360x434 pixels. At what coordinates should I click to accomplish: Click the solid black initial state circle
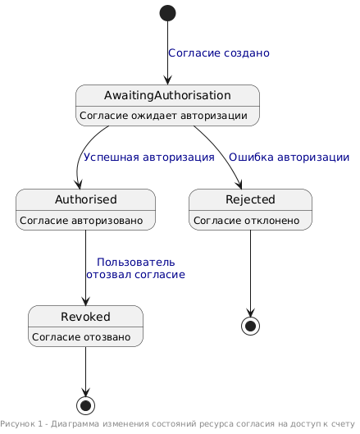pos(167,13)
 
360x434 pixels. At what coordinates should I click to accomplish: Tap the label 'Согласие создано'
pos(219,53)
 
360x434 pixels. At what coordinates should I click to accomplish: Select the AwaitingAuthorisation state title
pos(167,95)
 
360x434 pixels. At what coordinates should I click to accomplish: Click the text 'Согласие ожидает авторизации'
pos(163,116)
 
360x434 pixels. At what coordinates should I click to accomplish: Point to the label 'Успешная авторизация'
pos(149,157)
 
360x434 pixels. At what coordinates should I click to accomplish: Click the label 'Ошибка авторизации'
pos(289,157)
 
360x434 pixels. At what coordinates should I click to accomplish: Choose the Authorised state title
pos(86,199)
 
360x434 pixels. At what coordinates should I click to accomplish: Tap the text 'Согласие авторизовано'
pos(81,221)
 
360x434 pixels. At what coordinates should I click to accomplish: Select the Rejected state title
pos(250,199)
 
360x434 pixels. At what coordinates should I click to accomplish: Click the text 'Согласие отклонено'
pos(246,221)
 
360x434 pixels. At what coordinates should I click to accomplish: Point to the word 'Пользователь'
pos(136,262)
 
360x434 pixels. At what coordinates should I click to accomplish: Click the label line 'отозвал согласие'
pos(135,275)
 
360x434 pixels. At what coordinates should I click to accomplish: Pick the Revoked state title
pos(85,317)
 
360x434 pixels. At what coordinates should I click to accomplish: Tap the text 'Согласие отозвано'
pos(81,337)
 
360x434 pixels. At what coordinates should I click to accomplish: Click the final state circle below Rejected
pos(250,326)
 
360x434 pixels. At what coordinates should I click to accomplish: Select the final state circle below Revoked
pos(86,406)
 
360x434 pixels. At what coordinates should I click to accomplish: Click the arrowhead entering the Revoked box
pos(86,301)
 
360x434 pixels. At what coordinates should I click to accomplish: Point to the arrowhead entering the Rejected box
pos(239,185)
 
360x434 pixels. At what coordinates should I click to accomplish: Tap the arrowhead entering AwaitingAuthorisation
pos(167,80)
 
